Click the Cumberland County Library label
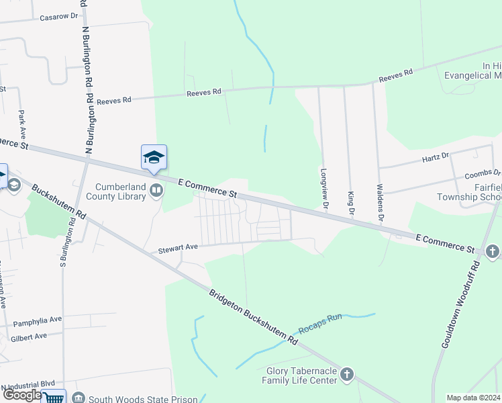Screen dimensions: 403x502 [121, 191]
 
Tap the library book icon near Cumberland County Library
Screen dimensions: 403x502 [156, 191]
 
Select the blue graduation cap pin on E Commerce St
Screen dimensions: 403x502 [154, 158]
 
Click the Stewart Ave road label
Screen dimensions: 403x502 [178, 248]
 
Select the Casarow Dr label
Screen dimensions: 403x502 [59, 16]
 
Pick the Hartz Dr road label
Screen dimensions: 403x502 [436, 156]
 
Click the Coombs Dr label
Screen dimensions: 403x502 [483, 173]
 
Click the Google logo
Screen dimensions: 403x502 [21, 395]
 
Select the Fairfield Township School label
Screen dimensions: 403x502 [479, 192]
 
